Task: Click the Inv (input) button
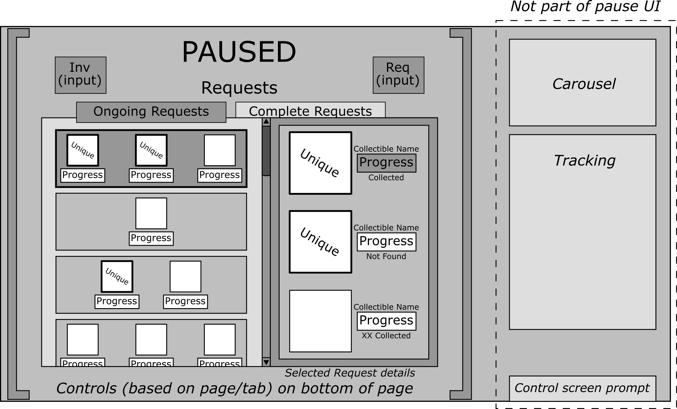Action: pos(81,75)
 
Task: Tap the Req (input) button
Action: pos(398,75)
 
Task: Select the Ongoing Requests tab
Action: pos(151,112)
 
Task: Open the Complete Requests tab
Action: pos(310,111)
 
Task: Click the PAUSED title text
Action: pos(239,52)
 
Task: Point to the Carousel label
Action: pos(584,84)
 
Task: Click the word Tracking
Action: pos(584,160)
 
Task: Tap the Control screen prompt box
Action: pos(582,388)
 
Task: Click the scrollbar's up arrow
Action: pos(266,122)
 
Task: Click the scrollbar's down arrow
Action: pos(266,362)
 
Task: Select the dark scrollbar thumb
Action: pos(266,151)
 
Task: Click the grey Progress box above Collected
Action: pos(386,163)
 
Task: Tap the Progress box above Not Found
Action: pos(386,242)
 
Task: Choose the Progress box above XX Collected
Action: pos(386,321)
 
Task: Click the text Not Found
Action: pos(386,257)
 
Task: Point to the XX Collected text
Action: pos(386,336)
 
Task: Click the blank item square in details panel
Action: pos(320,321)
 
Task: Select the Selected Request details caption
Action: pos(350,373)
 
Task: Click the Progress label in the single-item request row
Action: pos(151,238)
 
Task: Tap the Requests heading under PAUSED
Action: pos(239,88)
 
